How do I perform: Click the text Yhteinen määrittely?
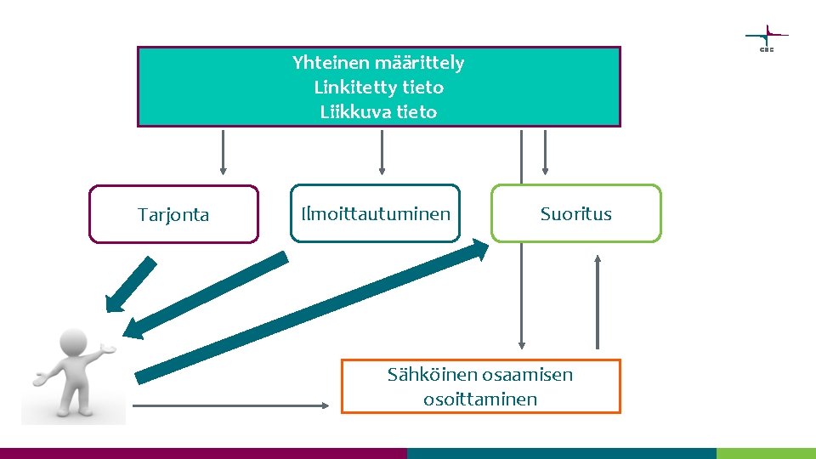pyautogui.click(x=378, y=63)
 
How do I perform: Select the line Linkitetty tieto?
pyautogui.click(x=378, y=88)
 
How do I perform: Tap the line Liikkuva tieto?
pyautogui.click(x=378, y=112)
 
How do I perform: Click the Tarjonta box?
pyautogui.click(x=173, y=214)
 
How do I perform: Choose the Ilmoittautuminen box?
pyautogui.click(x=375, y=213)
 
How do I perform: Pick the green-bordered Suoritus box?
pyautogui.click(x=575, y=213)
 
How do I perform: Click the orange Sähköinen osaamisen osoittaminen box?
pyautogui.click(x=480, y=387)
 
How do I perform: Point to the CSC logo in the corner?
pyautogui.click(x=766, y=38)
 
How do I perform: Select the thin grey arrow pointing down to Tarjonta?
pyautogui.click(x=224, y=152)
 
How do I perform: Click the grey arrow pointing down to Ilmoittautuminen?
pyautogui.click(x=382, y=152)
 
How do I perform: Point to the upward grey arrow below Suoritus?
pyautogui.click(x=598, y=302)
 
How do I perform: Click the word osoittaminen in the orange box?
pyautogui.click(x=480, y=399)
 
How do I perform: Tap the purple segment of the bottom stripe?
pyautogui.click(x=204, y=453)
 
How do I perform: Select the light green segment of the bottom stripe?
pyautogui.click(x=765, y=453)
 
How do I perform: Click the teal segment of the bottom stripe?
pyautogui.click(x=561, y=453)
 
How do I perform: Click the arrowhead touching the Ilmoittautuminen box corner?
pyautogui.click(x=477, y=249)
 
